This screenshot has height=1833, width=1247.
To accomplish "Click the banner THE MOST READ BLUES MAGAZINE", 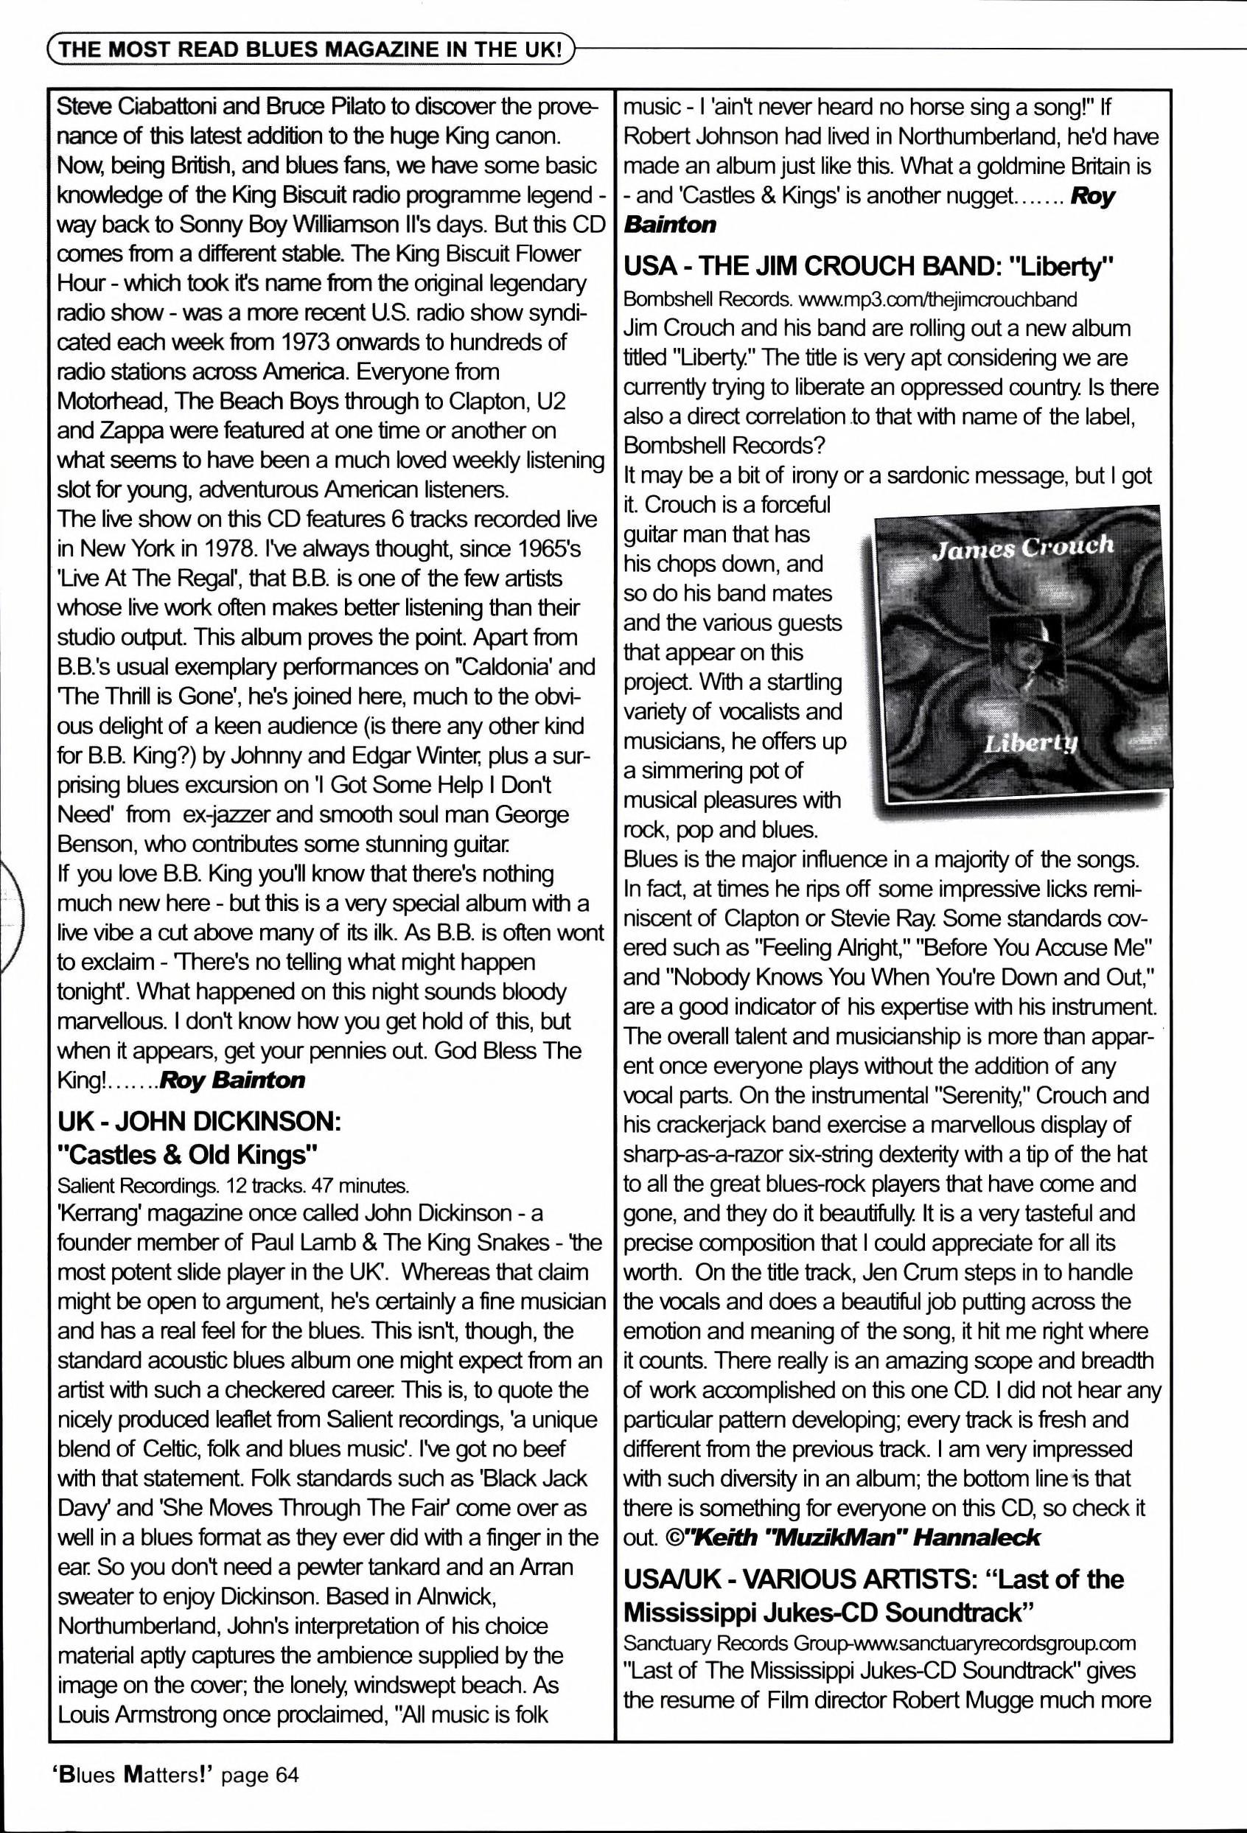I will click(x=312, y=50).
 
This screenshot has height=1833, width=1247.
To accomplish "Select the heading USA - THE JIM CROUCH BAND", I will click(x=867, y=267).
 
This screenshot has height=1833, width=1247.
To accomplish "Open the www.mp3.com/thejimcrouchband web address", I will click(x=937, y=300).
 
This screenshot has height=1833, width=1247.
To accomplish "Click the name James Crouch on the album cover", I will click(x=1022, y=547).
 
